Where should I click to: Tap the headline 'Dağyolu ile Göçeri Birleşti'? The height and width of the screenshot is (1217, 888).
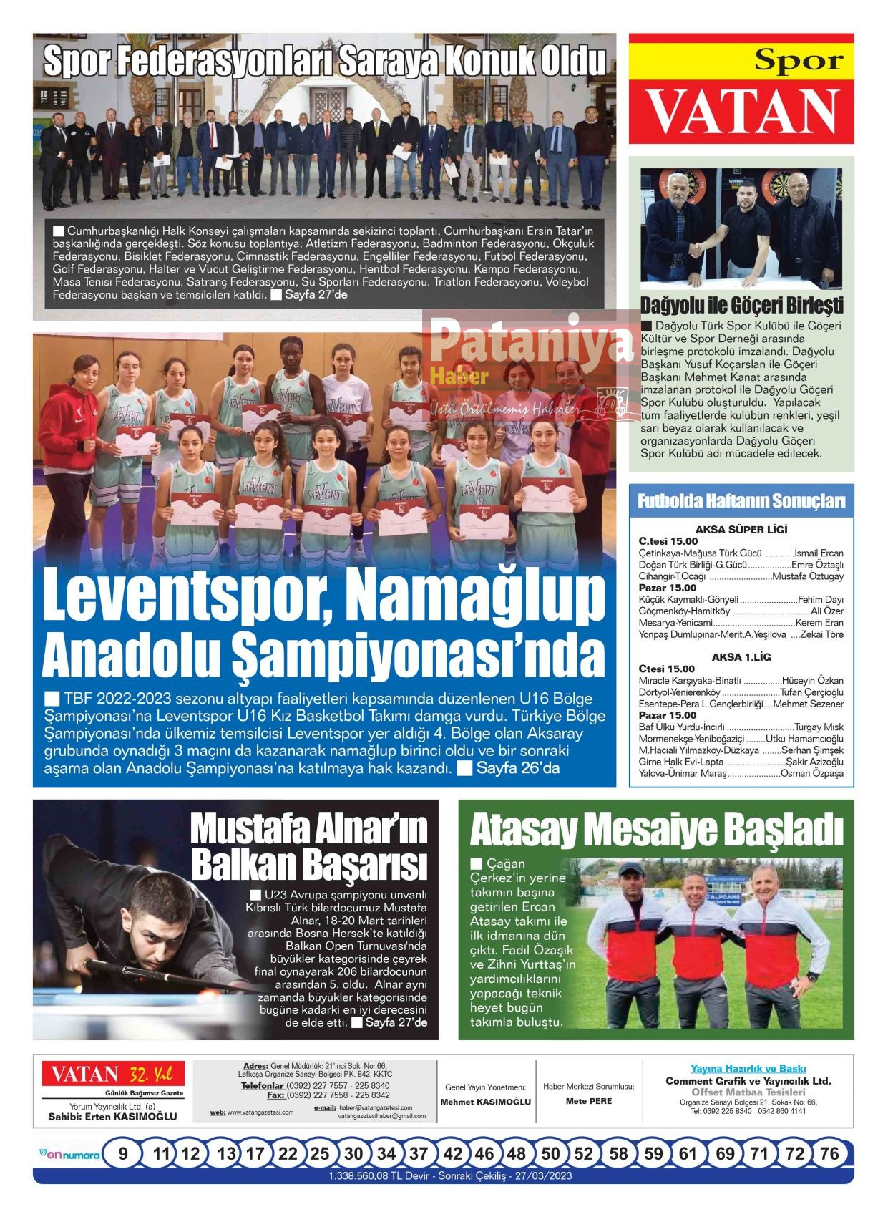point(741,306)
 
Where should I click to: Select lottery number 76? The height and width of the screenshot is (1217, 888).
point(829,1153)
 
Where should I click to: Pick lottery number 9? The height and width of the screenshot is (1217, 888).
point(124,1153)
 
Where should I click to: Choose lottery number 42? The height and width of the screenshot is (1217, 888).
point(452,1153)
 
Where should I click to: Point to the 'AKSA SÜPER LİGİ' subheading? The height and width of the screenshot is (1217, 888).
point(741,530)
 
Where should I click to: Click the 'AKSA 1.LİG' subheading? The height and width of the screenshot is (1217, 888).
point(741,657)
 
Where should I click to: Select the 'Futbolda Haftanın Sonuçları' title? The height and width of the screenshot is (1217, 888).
point(741,501)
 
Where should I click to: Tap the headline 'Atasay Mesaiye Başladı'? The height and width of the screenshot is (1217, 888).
point(656,830)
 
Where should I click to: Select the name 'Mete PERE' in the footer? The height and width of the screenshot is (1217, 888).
point(588,1101)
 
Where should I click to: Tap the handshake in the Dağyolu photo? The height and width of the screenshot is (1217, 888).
point(696,249)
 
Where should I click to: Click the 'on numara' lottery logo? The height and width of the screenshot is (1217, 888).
point(69,1154)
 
